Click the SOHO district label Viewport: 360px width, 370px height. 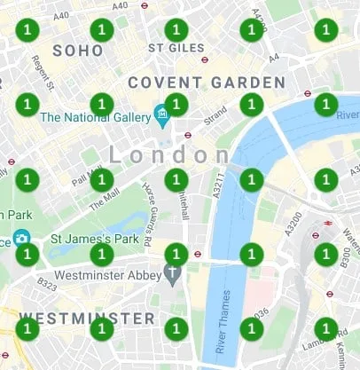click(x=78, y=51)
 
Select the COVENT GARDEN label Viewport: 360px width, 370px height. click(x=207, y=83)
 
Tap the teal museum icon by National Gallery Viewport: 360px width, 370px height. click(x=161, y=114)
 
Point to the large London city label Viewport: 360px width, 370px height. click(x=168, y=155)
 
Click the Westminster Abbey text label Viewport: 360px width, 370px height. click(x=109, y=275)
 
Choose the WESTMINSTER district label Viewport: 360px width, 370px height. click(x=86, y=317)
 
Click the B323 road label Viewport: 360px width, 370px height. click(x=47, y=284)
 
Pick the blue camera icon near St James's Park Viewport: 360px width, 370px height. click(x=20, y=238)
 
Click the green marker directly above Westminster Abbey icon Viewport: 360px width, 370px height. click(x=176, y=254)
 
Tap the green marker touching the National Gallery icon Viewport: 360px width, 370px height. click(x=176, y=105)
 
